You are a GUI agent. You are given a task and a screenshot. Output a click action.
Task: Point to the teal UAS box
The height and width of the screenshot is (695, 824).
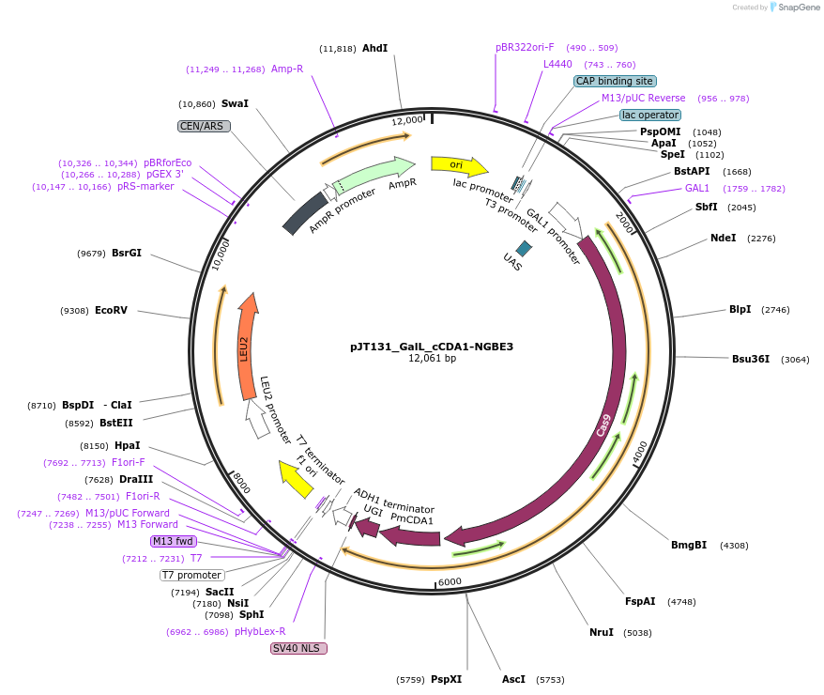click(524, 248)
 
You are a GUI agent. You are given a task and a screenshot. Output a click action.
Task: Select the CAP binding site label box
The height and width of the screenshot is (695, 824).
click(615, 81)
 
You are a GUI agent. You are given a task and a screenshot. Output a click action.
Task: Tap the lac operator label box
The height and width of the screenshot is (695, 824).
click(650, 115)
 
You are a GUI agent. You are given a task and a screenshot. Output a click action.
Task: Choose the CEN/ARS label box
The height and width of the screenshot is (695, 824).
click(203, 125)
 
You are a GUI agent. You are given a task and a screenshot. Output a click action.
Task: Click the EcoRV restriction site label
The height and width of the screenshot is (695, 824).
click(111, 310)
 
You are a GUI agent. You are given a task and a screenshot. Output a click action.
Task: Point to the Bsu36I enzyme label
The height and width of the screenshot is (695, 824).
click(751, 359)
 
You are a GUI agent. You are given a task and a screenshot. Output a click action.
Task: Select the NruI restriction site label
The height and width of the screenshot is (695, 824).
click(602, 632)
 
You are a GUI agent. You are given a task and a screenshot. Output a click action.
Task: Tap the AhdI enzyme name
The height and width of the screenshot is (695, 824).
click(374, 48)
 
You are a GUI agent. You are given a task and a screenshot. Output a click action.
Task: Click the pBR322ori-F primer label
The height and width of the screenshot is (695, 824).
click(525, 47)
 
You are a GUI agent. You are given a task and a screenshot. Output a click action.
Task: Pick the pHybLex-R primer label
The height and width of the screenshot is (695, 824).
click(260, 631)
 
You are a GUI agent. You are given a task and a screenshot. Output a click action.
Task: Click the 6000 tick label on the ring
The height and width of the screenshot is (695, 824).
click(450, 582)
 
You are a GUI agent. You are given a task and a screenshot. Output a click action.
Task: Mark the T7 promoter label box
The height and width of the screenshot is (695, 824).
click(191, 575)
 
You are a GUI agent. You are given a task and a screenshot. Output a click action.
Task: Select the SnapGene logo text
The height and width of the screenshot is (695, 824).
click(798, 8)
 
